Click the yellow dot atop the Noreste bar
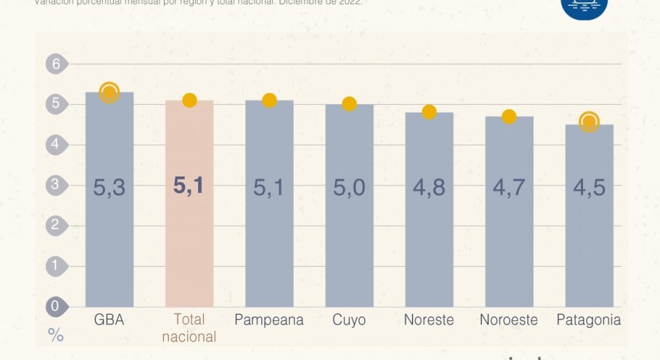coord(429,112)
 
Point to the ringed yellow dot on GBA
coord(109,92)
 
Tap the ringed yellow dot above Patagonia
coord(589,122)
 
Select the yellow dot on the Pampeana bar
coord(270,100)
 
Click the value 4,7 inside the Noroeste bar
coord(509,188)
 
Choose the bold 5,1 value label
coord(189,186)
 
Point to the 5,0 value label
coord(349,188)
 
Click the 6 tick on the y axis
coord(56,65)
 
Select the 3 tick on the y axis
coord(56,185)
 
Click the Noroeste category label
coord(509,320)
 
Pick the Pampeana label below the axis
coord(269,320)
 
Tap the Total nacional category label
coord(189,328)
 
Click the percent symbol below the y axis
coord(56,336)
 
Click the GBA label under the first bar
coord(109,320)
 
